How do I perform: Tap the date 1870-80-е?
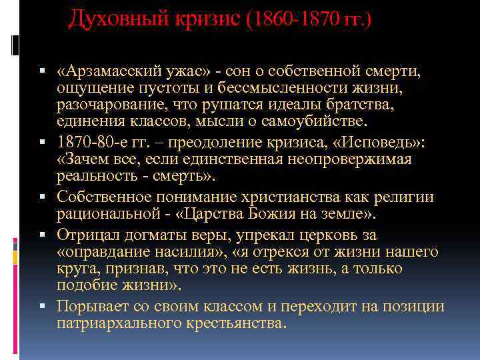pos(93,142)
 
